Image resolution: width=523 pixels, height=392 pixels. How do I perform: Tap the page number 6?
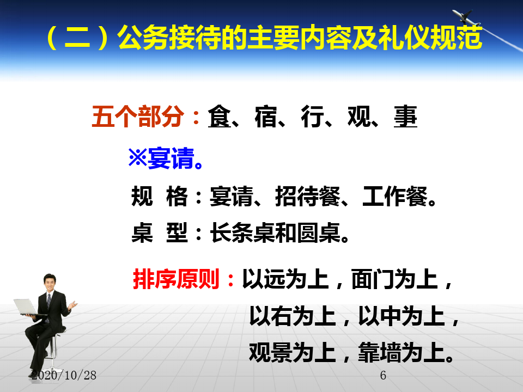[x=383, y=376]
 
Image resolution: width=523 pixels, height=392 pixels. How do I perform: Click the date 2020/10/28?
[x=64, y=375]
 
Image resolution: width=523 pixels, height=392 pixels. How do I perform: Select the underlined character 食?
[x=219, y=117]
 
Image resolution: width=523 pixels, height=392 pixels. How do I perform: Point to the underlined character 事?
[x=405, y=117]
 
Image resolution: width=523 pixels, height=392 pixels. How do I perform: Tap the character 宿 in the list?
[x=266, y=117]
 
